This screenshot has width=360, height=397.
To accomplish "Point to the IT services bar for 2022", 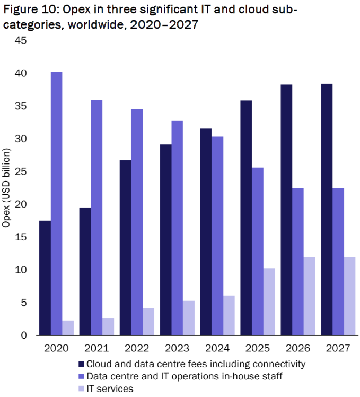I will pyautogui.click(x=148, y=322).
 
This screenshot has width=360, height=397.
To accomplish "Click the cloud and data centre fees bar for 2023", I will pyautogui.click(x=166, y=239).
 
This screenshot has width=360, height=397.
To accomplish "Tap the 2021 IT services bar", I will pyautogui.click(x=108, y=326).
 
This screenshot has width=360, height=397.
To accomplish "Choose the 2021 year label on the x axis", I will pyautogui.click(x=97, y=348).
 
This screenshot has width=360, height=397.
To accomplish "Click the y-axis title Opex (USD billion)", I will pyautogui.click(x=7, y=188).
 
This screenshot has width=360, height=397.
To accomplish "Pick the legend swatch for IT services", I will pyautogui.click(x=81, y=389).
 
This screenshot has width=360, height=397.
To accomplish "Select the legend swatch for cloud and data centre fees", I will pyautogui.click(x=81, y=364).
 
